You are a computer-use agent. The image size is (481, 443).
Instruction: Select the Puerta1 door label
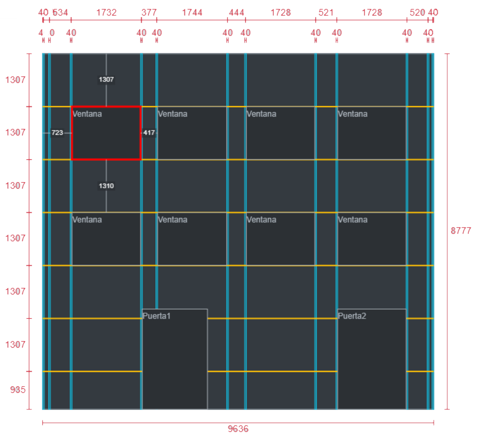pyautogui.click(x=157, y=316)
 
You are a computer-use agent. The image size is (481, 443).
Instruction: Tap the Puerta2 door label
pyautogui.click(x=352, y=316)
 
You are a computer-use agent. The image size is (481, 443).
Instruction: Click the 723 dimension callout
pyautogui.click(x=57, y=133)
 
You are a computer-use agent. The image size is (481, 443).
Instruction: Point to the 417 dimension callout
pyautogui.click(x=149, y=133)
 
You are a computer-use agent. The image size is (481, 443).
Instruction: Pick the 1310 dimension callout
pyautogui.click(x=106, y=186)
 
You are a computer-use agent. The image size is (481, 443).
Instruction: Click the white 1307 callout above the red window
pyautogui.click(x=106, y=80)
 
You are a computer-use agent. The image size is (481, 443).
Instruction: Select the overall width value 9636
pyautogui.click(x=238, y=429)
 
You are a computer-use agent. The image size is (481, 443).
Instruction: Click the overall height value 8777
pyautogui.click(x=461, y=231)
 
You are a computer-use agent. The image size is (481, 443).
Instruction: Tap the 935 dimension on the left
pyautogui.click(x=18, y=390)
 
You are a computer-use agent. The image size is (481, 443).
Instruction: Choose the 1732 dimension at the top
pyautogui.click(x=106, y=13)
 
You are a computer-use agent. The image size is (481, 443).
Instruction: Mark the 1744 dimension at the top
pyautogui.click(x=192, y=13)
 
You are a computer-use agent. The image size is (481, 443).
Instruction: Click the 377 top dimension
pyautogui.click(x=149, y=13)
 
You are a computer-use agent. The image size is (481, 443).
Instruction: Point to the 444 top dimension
pyautogui.click(x=236, y=13)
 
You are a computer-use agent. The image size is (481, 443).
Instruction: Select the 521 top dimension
pyautogui.click(x=326, y=13)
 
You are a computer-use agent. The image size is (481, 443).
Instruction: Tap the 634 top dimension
pyautogui.click(x=60, y=13)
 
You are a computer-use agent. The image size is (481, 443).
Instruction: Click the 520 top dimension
pyautogui.click(x=417, y=13)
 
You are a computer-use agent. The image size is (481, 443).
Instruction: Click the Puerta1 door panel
pyautogui.click(x=175, y=363)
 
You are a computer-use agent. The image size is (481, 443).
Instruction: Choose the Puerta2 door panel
pyautogui.click(x=372, y=363)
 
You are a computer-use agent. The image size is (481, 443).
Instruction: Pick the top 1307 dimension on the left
pyautogui.click(x=15, y=80)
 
